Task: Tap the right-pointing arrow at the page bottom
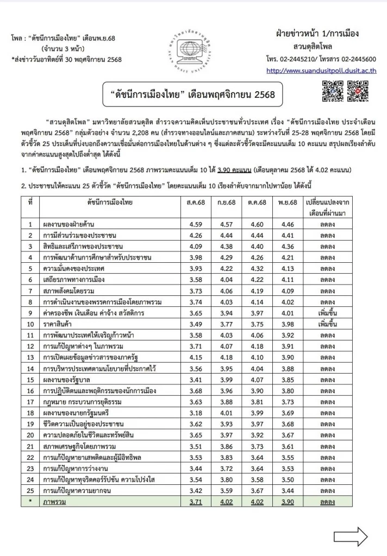coord(351,538)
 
